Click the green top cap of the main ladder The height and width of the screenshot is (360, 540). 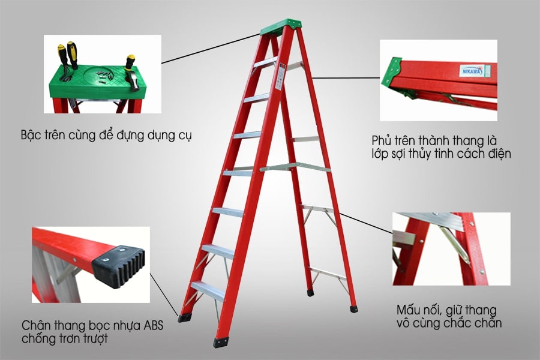coord(281,26)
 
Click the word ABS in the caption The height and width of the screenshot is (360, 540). coord(151,326)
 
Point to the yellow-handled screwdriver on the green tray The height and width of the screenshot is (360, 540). coord(73,54)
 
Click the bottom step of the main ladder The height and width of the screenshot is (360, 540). coord(207,290)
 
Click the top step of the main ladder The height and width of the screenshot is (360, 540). coord(264,62)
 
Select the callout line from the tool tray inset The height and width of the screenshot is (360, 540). coord(210,48)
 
